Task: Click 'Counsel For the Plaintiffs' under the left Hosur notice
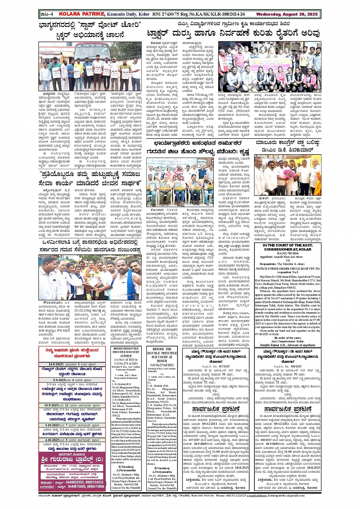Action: (126, 488)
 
